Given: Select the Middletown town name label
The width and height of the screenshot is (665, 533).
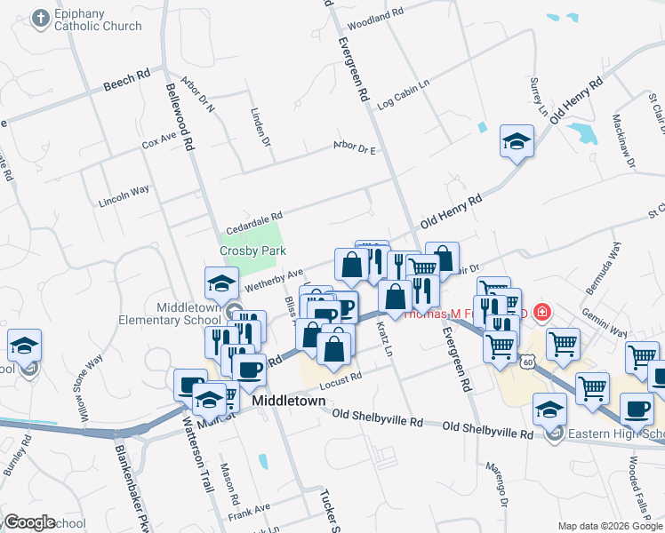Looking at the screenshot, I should (289, 401).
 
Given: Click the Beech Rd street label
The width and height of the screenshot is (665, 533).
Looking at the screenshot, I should (126, 81).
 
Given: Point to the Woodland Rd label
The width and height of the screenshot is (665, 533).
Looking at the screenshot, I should (376, 19).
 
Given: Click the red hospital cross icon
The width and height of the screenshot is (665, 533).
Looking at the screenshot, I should (541, 313).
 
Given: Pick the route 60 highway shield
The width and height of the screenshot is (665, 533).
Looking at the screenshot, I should (528, 362).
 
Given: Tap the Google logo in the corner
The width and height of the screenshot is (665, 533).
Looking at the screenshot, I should (29, 522).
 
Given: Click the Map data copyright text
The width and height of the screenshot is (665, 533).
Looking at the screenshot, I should (610, 526).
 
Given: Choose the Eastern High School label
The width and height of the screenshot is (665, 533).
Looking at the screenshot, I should (614, 434).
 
